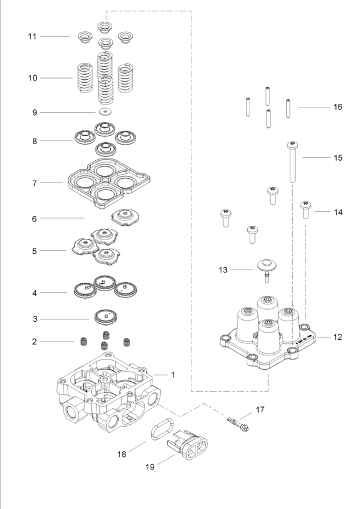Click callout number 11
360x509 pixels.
click(x=32, y=37)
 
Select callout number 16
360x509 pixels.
click(x=338, y=107)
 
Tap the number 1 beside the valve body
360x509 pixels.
click(x=173, y=375)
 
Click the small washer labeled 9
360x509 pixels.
click(x=106, y=112)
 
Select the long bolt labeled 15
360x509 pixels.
click(x=292, y=162)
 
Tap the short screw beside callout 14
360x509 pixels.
click(x=305, y=209)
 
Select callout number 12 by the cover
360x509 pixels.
click(x=338, y=337)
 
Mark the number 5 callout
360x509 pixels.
click(x=35, y=250)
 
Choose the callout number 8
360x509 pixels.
click(x=35, y=142)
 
